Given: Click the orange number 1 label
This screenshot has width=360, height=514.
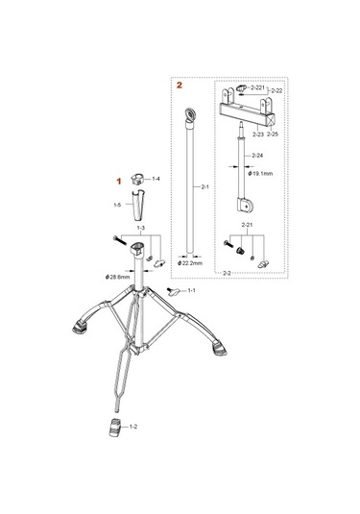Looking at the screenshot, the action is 120,180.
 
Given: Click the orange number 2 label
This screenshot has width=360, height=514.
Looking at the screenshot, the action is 178,85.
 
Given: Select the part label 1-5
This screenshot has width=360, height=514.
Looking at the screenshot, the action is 116,204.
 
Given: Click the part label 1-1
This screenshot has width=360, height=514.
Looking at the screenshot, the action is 191,290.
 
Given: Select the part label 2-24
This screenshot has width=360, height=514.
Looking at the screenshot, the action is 256,154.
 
